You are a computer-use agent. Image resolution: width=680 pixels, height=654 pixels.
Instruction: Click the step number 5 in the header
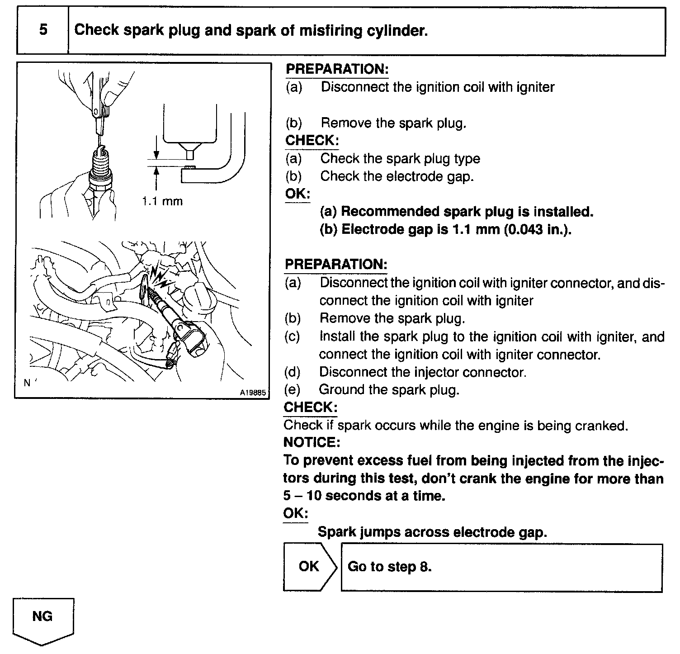tap(43, 30)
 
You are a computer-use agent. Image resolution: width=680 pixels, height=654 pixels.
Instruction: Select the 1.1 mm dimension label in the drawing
tap(162, 201)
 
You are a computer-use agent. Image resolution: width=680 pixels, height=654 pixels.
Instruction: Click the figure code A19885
tap(253, 393)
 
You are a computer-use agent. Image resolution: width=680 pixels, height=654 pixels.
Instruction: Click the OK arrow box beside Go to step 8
tap(309, 567)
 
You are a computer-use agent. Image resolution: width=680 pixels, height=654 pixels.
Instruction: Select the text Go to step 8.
tap(390, 567)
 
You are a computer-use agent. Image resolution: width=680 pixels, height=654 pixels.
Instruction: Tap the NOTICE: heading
tap(312, 441)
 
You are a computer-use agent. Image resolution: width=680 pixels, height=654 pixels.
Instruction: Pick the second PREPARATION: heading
tap(336, 265)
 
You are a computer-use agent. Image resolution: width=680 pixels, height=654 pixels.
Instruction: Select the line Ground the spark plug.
tap(389, 389)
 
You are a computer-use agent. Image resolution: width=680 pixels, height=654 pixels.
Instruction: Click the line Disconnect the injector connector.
tap(423, 372)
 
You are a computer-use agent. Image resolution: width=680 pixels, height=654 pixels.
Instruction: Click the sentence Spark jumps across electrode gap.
tap(432, 532)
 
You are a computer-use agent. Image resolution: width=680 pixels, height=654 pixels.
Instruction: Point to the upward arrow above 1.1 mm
tap(156, 179)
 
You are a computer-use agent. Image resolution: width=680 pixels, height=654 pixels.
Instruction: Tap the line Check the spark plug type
tap(400, 158)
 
